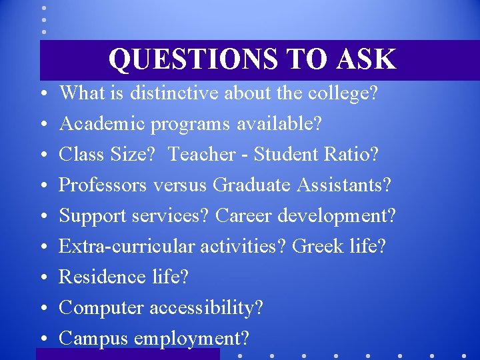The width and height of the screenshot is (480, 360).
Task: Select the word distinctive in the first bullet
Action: click(x=174, y=93)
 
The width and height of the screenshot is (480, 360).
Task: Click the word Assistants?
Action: click(x=345, y=185)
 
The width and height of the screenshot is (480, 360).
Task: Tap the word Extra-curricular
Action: click(x=125, y=246)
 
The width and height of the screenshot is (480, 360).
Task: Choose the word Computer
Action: click(x=101, y=308)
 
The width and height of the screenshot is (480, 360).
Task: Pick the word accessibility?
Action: click(x=207, y=308)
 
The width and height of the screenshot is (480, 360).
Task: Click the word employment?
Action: click(x=191, y=339)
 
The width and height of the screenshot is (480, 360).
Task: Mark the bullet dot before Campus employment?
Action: click(x=43, y=339)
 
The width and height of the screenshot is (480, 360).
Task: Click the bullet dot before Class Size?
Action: click(x=43, y=155)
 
